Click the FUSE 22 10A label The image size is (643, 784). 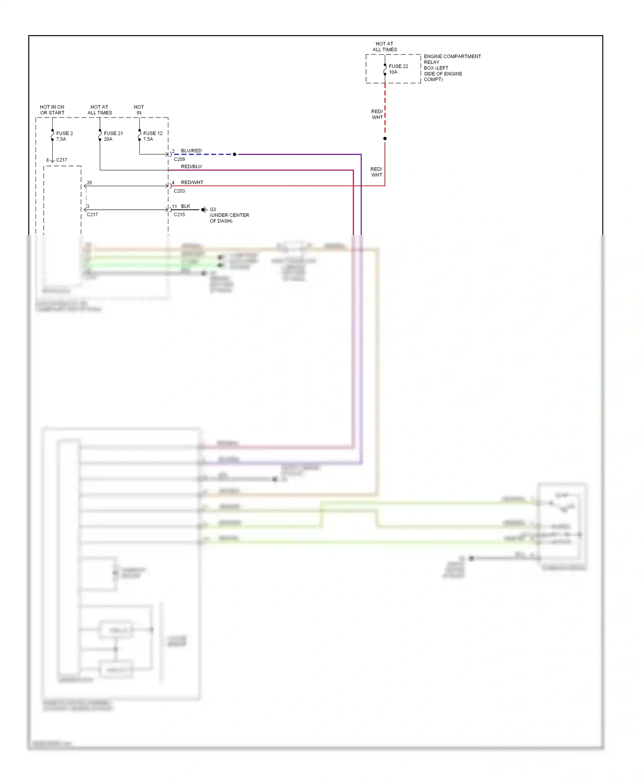(x=398, y=69)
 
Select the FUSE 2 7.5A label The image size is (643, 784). (x=64, y=136)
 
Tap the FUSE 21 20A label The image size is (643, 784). (x=113, y=136)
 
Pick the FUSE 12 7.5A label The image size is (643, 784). (x=153, y=136)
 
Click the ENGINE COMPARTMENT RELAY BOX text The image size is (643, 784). (x=452, y=68)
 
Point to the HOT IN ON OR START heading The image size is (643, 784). (x=52, y=110)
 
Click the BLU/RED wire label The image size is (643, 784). (x=191, y=151)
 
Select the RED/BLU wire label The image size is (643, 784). (x=191, y=166)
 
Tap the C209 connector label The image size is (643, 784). (x=179, y=159)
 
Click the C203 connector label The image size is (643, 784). (x=179, y=191)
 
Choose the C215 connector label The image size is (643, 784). (x=179, y=214)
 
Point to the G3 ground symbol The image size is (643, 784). (x=204, y=210)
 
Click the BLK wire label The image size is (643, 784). (x=185, y=206)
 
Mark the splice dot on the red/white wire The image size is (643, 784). (x=385, y=139)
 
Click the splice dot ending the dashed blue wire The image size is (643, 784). (x=234, y=154)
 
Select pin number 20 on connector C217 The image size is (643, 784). (x=89, y=183)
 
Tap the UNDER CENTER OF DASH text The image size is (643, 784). (x=229, y=218)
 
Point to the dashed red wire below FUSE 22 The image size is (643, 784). (x=385, y=107)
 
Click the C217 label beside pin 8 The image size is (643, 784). (x=62, y=160)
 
